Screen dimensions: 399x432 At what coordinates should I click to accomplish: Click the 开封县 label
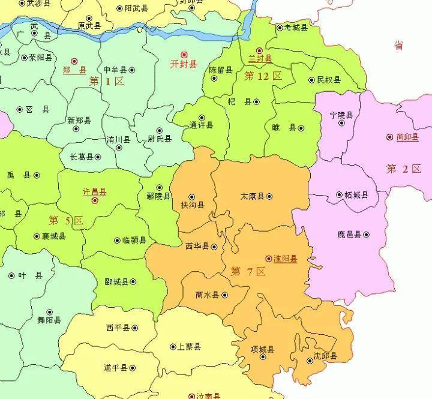coord(184,64)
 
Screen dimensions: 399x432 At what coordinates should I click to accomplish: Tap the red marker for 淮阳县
coord(268,259)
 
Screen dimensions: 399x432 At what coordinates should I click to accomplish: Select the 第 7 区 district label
coord(248,271)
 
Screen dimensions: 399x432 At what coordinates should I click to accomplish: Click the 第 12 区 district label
coord(263,76)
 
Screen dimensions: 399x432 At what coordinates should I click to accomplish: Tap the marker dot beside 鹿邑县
coord(366,235)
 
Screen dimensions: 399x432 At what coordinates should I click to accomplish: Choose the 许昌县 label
coord(94,192)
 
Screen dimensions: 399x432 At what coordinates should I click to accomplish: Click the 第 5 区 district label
coord(66,220)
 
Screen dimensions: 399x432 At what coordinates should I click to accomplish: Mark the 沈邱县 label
coord(325,356)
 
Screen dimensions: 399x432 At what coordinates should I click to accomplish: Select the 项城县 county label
coord(263,350)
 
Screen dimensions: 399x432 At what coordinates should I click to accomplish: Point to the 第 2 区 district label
coord(404,169)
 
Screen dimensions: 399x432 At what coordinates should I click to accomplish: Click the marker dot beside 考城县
coord(280,28)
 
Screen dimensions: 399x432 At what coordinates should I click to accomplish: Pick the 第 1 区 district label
coord(106,81)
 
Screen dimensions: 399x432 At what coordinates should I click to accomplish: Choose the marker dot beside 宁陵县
coord(341,123)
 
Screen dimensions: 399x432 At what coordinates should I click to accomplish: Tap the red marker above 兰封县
coord(259,50)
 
